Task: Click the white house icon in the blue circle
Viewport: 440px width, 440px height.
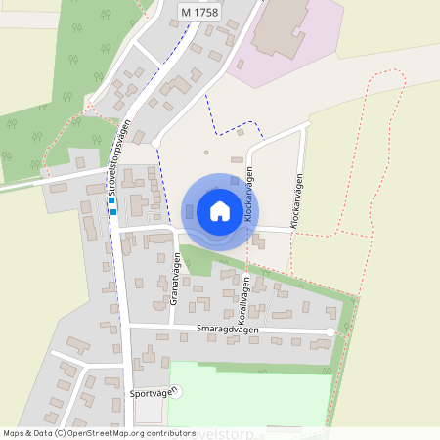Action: [220, 211]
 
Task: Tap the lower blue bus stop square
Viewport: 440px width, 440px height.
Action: [113, 212]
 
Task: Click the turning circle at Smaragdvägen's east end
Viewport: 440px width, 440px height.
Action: [330, 332]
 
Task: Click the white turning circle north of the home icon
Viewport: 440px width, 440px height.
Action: [155, 143]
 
